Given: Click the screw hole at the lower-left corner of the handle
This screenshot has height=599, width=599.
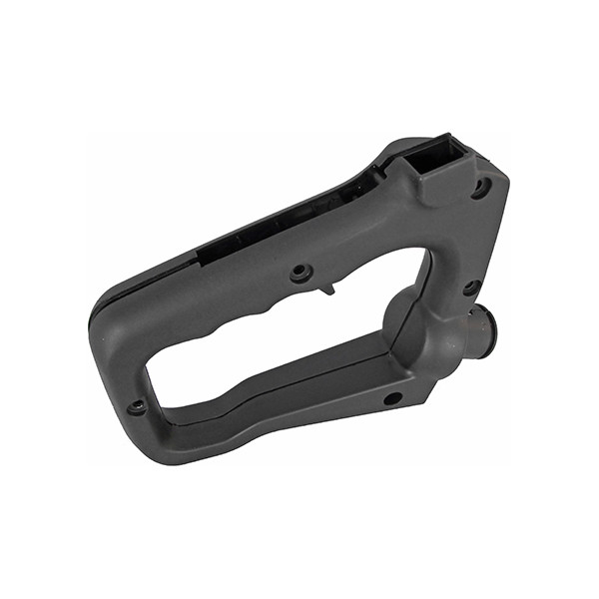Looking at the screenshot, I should point(138,406).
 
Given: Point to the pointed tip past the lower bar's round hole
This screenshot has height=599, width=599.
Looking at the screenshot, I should point(429,395).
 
